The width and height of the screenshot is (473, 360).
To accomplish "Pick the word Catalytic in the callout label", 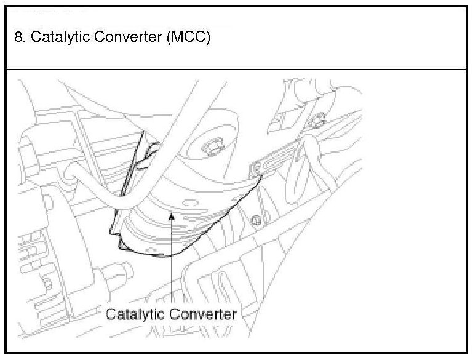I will tap(132, 314).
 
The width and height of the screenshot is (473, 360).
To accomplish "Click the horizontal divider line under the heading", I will tap(236, 69).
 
